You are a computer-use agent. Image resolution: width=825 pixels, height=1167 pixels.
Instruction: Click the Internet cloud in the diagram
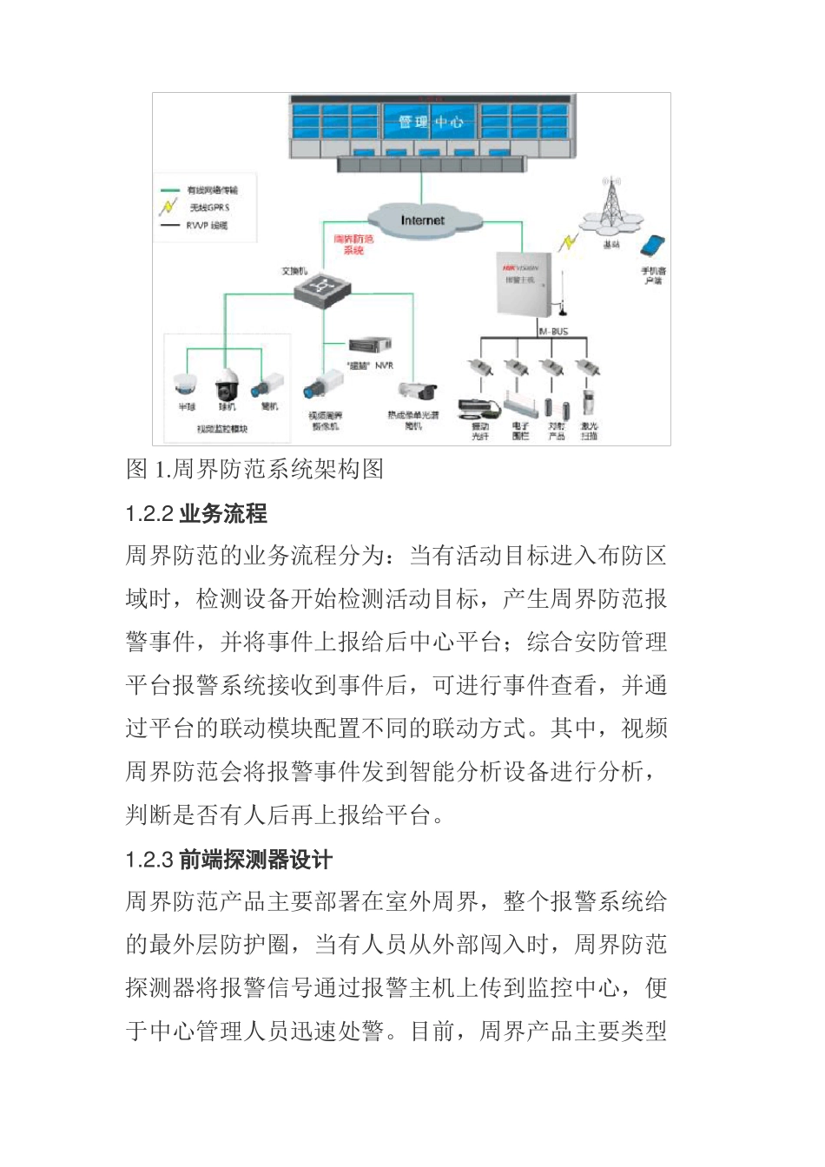point(423,219)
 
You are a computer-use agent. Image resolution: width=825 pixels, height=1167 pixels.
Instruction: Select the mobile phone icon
point(653,247)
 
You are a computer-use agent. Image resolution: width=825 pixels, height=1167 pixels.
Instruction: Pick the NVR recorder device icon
point(370,346)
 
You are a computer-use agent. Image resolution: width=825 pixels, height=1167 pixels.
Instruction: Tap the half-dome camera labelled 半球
point(186,384)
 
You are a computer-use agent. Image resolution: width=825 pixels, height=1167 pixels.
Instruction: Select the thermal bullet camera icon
point(417,391)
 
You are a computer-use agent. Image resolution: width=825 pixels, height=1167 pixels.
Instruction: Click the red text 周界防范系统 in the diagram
point(353,244)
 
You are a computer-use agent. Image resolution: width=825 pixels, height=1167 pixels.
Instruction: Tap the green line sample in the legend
point(169,190)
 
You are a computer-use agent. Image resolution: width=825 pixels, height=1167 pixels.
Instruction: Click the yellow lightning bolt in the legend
point(168,208)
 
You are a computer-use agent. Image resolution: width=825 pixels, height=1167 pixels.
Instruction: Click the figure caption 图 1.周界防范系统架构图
point(254,470)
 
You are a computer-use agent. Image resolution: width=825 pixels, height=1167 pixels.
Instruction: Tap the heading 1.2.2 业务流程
point(196,513)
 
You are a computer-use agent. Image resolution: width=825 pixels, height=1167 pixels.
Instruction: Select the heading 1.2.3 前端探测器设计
point(229,860)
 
